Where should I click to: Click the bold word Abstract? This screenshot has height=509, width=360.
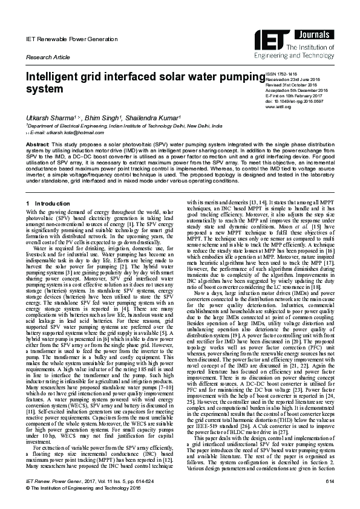click(x=37, y=146)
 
